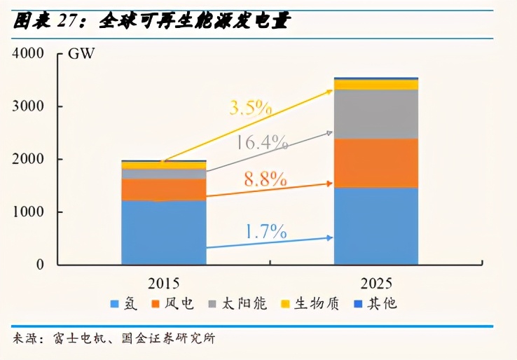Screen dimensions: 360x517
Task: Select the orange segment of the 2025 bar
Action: click(x=375, y=162)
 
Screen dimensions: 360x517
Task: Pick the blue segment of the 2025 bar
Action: click(x=375, y=226)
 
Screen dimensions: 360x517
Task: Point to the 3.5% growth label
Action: click(x=249, y=108)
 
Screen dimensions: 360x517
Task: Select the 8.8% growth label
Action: click(x=265, y=179)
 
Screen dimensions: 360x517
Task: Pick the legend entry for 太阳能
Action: click(x=244, y=305)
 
